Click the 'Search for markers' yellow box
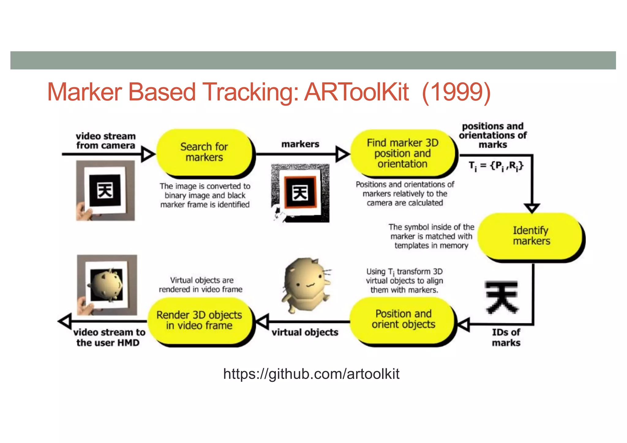tap(204, 152)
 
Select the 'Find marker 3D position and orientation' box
tap(403, 153)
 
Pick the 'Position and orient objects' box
tap(403, 319)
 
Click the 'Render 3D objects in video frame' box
tap(199, 320)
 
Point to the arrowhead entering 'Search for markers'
tap(148, 154)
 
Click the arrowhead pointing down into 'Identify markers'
tap(532, 208)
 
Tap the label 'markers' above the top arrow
tap(300, 144)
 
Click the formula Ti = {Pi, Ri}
tap(496, 166)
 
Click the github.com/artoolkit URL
tap(311, 374)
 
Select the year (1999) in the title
tap(456, 92)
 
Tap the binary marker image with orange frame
tap(300, 193)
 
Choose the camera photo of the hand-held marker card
tap(105, 190)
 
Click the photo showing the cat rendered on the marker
tap(107, 285)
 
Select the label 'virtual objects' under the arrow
tap(305, 332)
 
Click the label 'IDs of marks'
tap(506, 337)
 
